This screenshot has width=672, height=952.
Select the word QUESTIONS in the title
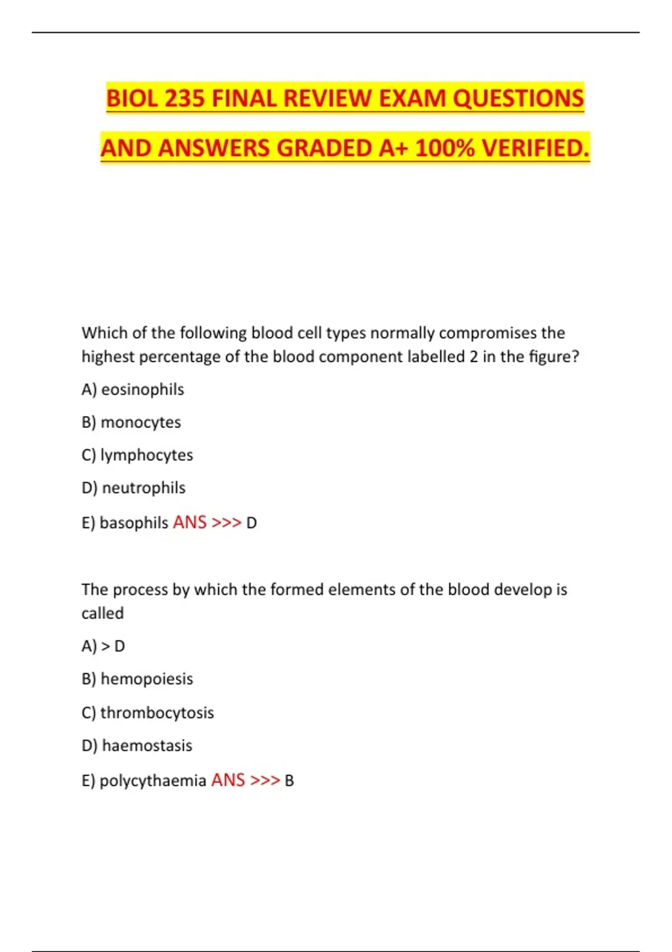pos(518,99)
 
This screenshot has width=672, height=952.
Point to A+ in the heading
pos(394,148)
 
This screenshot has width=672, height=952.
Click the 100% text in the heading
pos(445,148)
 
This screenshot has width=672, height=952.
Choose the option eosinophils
pos(142,390)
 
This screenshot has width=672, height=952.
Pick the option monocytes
pos(141,422)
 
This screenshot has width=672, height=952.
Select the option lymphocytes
pos(147,455)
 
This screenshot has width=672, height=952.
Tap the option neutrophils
pos(143,488)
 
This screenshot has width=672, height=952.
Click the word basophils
pos(133,523)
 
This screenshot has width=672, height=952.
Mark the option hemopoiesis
pos(147,679)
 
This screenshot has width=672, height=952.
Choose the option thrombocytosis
pos(157,713)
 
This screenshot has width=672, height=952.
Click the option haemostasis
pos(147,746)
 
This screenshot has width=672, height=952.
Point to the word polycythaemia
pos(153,781)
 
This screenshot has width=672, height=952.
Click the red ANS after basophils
pos(190,522)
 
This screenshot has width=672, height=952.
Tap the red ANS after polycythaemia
pos(228,780)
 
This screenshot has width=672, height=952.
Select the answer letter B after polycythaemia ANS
pos(289,781)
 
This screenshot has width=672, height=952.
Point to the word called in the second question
pos(102,614)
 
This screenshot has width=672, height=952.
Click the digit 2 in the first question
pos(474,357)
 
